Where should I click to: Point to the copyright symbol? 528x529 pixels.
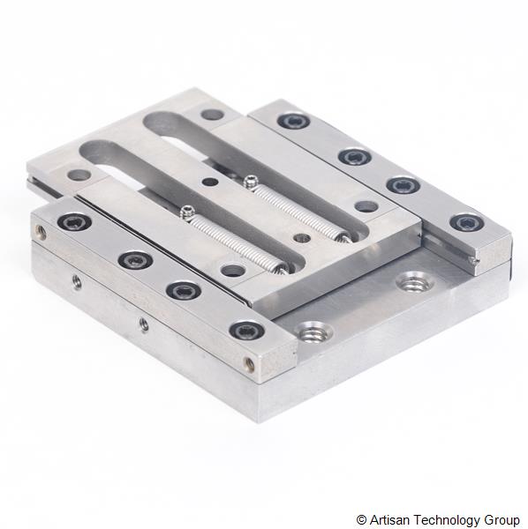(361, 519)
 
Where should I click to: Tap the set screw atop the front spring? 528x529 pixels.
(185, 212)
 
